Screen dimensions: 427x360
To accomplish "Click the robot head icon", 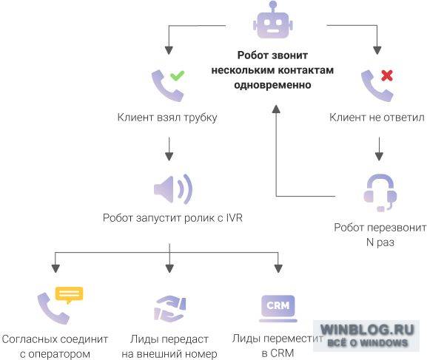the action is point(272,20).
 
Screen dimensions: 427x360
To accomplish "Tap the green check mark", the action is point(178,75).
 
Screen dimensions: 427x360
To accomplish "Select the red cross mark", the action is point(387,75).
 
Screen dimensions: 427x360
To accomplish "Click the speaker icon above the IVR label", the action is point(173,189).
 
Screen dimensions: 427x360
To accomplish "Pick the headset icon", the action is point(380,193).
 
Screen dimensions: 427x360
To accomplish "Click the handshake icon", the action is point(169,308).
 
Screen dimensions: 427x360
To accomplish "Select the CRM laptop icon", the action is point(278,308).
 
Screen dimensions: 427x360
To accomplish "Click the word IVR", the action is point(234,218).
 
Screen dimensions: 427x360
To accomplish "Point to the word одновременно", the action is point(272,85).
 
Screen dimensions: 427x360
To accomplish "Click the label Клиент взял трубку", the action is point(167,118).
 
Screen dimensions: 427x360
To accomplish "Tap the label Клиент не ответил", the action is point(377,118).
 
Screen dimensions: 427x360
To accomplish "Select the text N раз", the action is point(380,242).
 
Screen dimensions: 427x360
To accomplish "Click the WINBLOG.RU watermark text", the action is point(367,330).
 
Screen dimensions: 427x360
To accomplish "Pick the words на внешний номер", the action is point(169,354).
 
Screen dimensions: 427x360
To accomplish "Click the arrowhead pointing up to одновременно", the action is point(276,109).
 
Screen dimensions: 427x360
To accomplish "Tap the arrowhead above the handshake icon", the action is point(169,268).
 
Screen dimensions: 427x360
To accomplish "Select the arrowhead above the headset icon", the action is point(379,157).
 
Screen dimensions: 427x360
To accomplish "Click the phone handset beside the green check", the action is point(166,86).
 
